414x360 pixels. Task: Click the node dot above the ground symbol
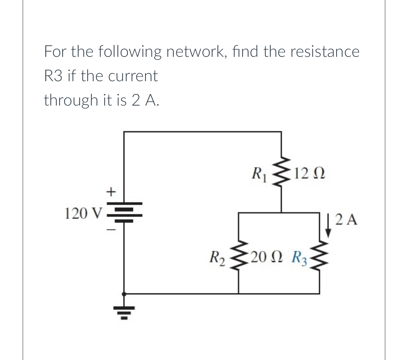point(124,294)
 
